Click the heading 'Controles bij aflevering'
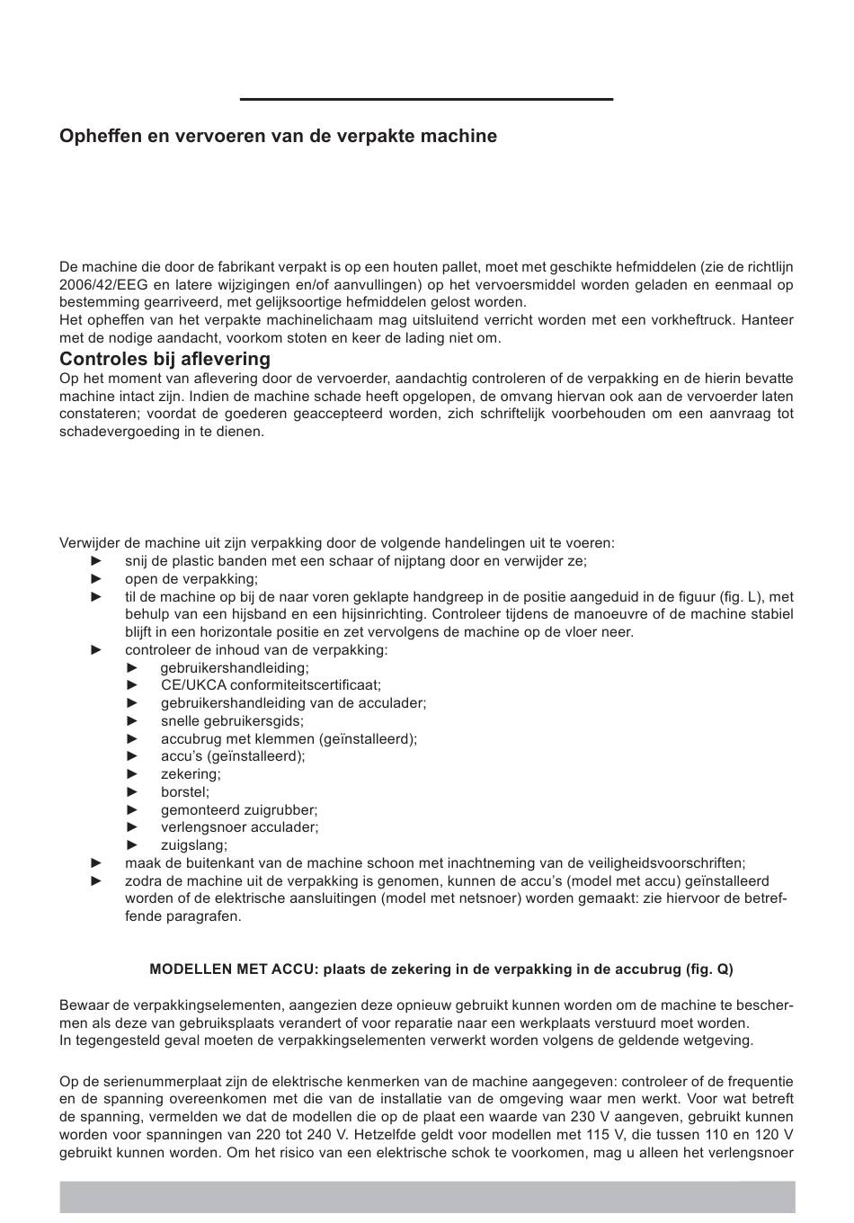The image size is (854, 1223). (x=165, y=360)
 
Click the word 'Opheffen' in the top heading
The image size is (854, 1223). (x=94, y=137)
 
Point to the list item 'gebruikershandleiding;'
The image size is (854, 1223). (x=235, y=668)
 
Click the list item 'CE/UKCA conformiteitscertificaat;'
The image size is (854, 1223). (x=271, y=685)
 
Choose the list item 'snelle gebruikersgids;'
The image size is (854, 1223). (x=232, y=721)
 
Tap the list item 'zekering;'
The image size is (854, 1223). (x=191, y=774)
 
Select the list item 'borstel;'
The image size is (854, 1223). (x=185, y=792)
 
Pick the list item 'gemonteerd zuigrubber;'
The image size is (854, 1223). (x=239, y=810)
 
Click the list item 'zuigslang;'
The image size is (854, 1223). (x=194, y=845)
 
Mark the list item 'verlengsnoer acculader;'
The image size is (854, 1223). (x=239, y=827)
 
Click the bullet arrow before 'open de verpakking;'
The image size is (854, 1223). (x=97, y=579)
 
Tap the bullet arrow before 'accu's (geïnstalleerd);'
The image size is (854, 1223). (x=133, y=756)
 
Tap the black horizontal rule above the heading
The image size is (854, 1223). (x=426, y=99)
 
